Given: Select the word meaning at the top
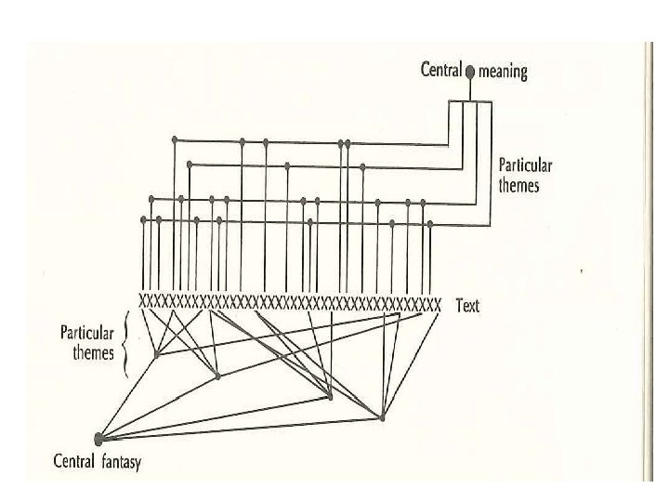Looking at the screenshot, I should pyautogui.click(x=503, y=72).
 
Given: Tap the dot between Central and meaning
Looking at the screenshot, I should pyautogui.click(x=470, y=72).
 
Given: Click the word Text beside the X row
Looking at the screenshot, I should pyautogui.click(x=467, y=305).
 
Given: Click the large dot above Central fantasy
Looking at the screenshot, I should pyautogui.click(x=100, y=437).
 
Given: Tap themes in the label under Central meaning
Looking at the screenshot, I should pyautogui.click(x=519, y=184).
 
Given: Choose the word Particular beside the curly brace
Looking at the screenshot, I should pyautogui.click(x=87, y=332).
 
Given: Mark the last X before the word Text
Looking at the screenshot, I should pyautogui.click(x=436, y=303).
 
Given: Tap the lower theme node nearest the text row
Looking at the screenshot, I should pyautogui.click(x=156, y=354).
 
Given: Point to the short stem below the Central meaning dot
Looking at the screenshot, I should pyautogui.click(x=470, y=88).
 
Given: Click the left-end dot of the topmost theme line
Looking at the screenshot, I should pyautogui.click(x=175, y=140).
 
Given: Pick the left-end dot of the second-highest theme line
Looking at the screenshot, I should pyautogui.click(x=189, y=165).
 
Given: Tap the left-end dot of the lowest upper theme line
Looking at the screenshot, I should pyautogui.click(x=143, y=219).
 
